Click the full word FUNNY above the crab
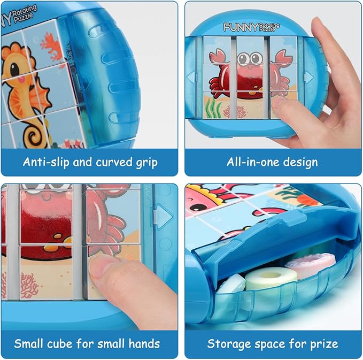[x=240, y=26]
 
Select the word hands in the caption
[x=140, y=343]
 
